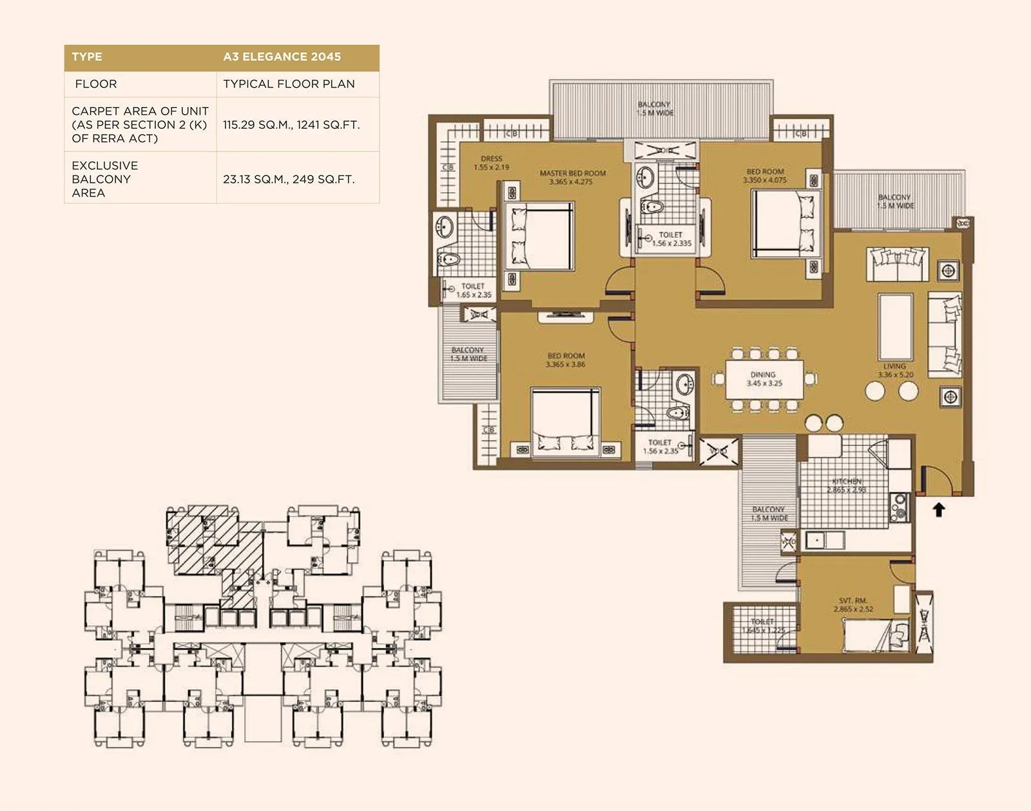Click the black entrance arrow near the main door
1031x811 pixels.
pos(939,510)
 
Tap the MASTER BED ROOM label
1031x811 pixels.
pos(572,177)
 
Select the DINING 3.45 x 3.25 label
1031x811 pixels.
pos(764,379)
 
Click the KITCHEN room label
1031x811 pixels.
pos(847,485)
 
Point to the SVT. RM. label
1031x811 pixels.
pos(853,605)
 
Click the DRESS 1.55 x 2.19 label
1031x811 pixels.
pos(491,162)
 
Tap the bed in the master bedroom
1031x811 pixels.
pos(539,236)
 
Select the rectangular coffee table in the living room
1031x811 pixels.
pos(895,327)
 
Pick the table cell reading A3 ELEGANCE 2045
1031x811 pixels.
pos(282,57)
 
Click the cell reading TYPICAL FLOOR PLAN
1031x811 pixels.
pos(289,84)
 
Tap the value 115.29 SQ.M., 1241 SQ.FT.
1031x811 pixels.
pos(291,124)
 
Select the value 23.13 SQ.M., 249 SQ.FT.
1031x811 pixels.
pos(289,179)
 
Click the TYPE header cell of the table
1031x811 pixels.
pos(87,57)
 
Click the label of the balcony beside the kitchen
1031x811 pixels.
pos(769,514)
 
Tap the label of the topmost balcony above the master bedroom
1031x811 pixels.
pos(655,108)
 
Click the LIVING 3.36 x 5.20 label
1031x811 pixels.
pos(895,370)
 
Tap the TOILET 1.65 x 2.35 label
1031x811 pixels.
pos(474,290)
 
